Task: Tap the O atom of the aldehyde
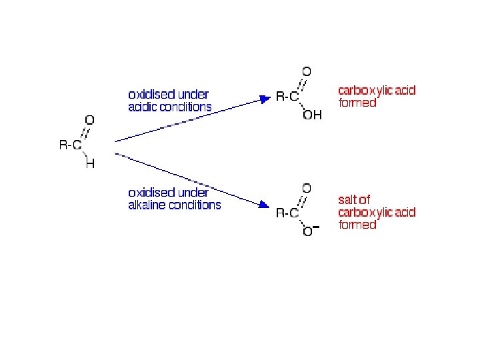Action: click(x=89, y=120)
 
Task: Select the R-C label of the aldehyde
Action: click(x=70, y=145)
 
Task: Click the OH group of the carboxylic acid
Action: click(x=312, y=115)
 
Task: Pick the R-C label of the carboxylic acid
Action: click(x=287, y=97)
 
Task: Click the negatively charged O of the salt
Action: click(x=307, y=232)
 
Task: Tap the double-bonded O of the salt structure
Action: click(x=307, y=188)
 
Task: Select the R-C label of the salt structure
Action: click(x=287, y=213)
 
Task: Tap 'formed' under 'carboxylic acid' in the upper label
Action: click(x=357, y=103)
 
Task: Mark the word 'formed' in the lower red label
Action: click(x=357, y=225)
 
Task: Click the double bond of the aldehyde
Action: click(x=85, y=132)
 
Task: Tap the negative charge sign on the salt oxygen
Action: click(x=316, y=227)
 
